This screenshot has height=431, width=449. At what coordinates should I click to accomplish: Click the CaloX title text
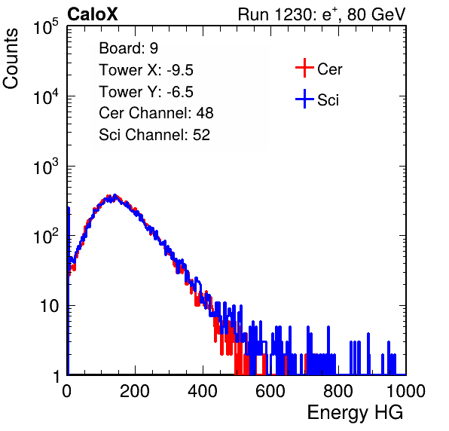(x=93, y=14)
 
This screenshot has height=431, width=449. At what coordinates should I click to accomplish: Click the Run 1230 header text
(x=322, y=15)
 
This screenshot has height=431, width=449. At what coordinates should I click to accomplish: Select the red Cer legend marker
(x=304, y=68)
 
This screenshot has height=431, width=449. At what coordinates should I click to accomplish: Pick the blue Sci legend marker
(x=304, y=99)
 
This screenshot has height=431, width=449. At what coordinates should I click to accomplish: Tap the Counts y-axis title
(x=11, y=59)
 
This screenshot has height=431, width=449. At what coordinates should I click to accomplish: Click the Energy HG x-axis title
(x=355, y=412)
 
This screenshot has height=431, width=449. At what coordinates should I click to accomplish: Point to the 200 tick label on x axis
(x=135, y=391)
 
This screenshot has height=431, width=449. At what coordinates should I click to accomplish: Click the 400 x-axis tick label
(x=203, y=391)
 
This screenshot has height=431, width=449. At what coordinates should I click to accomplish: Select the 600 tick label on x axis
(x=270, y=391)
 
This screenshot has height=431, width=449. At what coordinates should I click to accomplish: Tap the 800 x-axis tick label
(x=338, y=391)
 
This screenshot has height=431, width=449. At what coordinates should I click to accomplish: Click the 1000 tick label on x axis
(x=406, y=391)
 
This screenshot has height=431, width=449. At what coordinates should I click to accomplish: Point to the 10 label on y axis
(x=50, y=306)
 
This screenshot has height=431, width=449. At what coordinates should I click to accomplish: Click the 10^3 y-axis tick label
(x=47, y=166)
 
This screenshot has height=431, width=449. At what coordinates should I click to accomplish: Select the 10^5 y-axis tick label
(x=47, y=26)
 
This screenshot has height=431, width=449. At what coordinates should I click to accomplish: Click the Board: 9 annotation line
(x=129, y=48)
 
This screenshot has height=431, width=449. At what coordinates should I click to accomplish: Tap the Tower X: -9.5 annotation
(x=146, y=70)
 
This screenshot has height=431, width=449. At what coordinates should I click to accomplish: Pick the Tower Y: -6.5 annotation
(x=146, y=92)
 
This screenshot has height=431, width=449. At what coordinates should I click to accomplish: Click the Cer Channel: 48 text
(x=156, y=113)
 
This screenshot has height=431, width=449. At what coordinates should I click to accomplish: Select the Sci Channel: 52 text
(x=154, y=135)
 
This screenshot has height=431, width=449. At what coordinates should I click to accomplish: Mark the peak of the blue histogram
(x=115, y=195)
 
